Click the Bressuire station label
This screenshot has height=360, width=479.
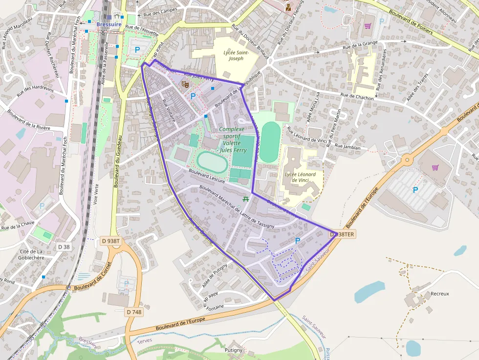click(109, 24)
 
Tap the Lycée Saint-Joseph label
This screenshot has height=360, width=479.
click(237, 55)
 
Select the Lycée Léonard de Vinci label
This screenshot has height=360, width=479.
click(300, 177)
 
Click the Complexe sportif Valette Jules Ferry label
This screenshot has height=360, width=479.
click(232, 140)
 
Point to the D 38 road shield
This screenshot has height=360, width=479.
click(64, 247)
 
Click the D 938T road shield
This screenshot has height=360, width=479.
click(110, 241)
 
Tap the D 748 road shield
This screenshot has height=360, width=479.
click(134, 312)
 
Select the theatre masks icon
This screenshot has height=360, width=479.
click(185, 85)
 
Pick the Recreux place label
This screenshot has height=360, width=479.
click(439, 294)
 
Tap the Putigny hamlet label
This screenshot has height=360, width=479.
click(233, 350)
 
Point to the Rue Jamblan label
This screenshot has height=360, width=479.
click(348, 147)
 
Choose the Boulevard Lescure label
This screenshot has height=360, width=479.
click(206, 176)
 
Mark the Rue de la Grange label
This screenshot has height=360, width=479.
click(361, 46)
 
